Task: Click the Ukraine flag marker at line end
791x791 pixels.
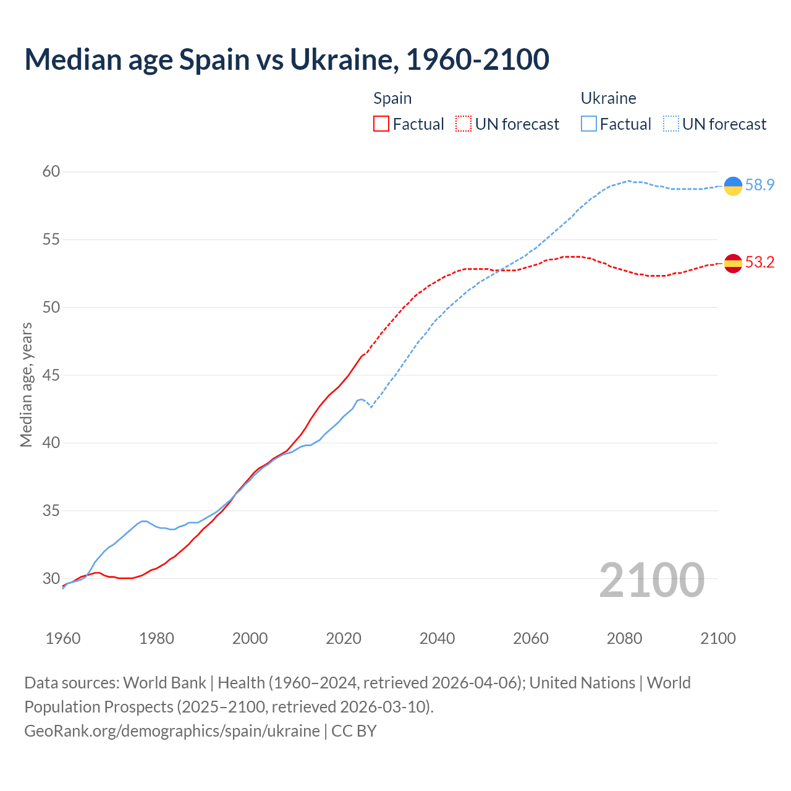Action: pos(733,185)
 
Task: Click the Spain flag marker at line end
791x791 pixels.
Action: pos(733,263)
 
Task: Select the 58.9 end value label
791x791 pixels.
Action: pos(759,185)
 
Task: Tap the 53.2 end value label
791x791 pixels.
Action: pos(759,263)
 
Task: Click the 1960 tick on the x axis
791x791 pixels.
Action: pos(63,638)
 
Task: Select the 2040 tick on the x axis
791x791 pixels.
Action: pos(437,638)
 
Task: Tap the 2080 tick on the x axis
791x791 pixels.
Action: pos(624,638)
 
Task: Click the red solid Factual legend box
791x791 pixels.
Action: pos(381,124)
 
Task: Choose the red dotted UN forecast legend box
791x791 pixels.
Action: pos(463,124)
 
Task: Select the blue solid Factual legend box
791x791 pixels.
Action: pos(589,124)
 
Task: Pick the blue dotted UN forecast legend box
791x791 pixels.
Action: pos(671,124)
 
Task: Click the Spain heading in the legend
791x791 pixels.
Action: pos(392,98)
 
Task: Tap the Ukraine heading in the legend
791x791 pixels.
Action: pos(608,98)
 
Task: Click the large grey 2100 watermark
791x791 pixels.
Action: pos(651,580)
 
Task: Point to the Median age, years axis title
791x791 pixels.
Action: pos(26,384)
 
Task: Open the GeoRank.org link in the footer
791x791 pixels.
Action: pos(172,731)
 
